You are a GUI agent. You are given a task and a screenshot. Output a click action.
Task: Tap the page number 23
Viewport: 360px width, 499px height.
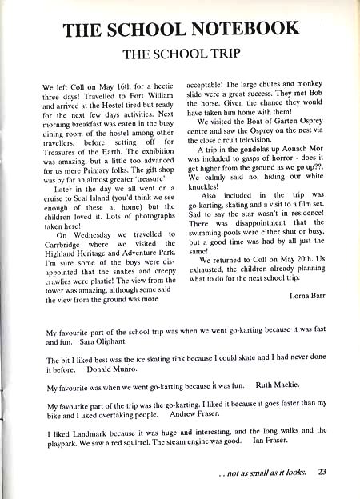[322, 472]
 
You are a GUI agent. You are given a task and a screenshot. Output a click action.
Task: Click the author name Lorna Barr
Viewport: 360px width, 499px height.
[305, 296]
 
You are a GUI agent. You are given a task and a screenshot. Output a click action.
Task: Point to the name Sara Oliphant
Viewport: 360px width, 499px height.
[103, 342]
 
